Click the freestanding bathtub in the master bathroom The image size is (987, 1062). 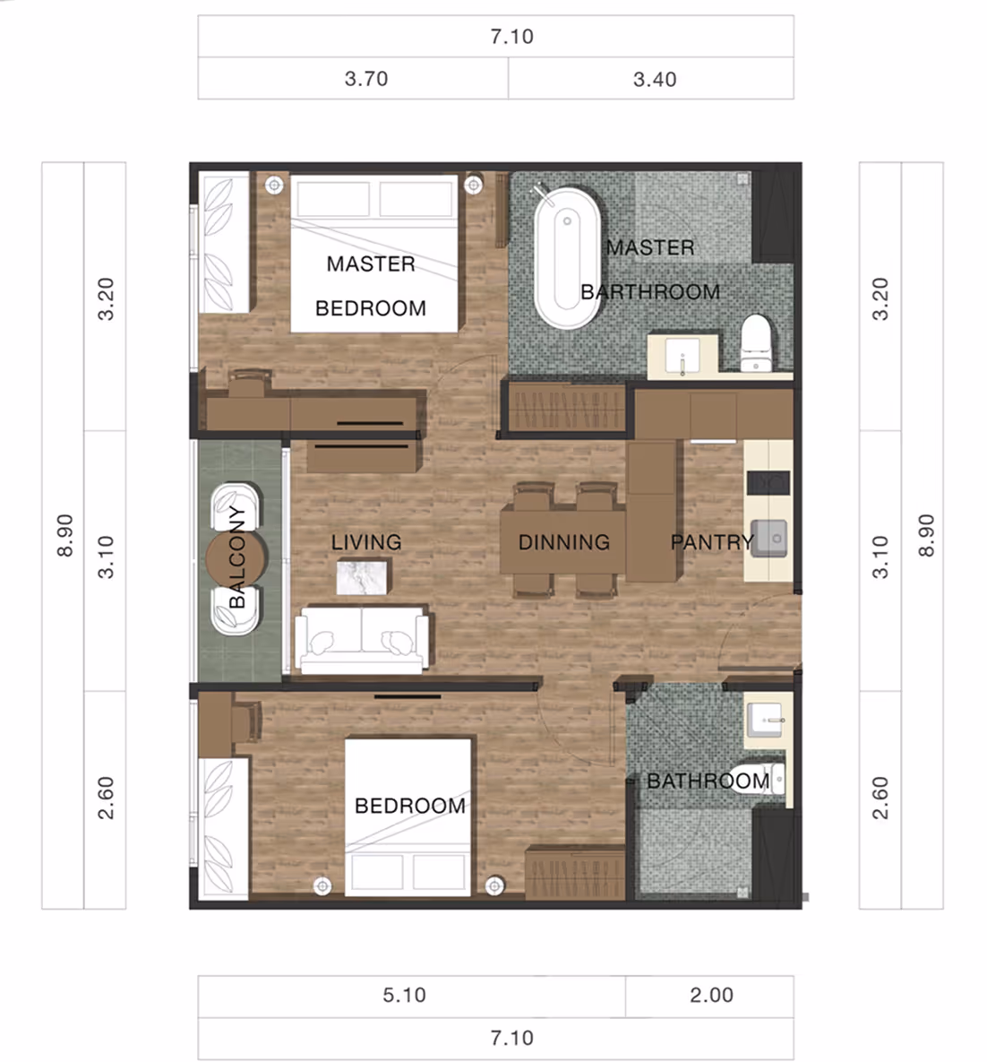tap(567, 258)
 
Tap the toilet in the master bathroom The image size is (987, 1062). tap(756, 342)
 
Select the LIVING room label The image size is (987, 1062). tap(366, 542)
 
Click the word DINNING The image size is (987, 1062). tap(564, 542)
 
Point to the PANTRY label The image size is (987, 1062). tap(712, 542)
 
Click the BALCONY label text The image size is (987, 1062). tap(237, 557)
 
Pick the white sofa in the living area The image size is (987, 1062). tap(362, 639)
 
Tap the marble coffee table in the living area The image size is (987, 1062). tap(362, 577)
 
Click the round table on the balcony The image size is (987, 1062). tap(235, 558)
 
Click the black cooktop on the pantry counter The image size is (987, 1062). tap(768, 483)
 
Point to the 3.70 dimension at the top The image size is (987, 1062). tap(366, 79)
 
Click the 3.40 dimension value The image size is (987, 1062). tap(655, 79)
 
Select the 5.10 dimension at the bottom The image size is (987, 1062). tap(404, 995)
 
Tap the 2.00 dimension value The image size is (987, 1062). tap(711, 995)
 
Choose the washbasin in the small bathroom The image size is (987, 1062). tap(767, 720)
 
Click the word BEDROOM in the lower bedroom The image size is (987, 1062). tap(410, 806)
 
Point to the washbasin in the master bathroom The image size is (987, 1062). tap(682, 357)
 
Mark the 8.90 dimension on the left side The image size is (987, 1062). tap(64, 535)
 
